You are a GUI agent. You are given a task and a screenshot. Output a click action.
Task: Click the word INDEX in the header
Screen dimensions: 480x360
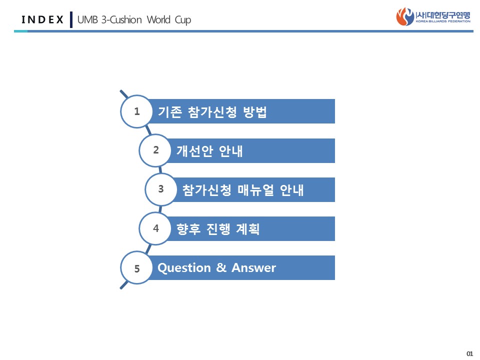42,19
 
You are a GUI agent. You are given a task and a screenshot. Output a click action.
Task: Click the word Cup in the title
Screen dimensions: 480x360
183,20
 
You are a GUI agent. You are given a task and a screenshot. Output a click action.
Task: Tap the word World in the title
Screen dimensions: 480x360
158,19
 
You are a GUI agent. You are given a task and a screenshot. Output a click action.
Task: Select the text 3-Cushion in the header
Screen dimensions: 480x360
121,19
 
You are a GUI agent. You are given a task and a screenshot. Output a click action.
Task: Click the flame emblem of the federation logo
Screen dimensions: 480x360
405,16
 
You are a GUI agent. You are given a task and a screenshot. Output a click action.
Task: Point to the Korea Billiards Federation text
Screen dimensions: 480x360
443,21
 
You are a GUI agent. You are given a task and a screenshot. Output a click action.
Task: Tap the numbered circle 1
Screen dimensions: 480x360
136,111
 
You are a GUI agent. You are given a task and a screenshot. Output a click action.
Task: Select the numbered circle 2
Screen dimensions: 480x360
155,150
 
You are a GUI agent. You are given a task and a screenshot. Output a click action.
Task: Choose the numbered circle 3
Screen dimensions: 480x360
161,189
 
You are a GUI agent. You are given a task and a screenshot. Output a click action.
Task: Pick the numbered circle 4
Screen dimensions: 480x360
155,228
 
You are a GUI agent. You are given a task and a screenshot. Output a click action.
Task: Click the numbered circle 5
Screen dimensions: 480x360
136,268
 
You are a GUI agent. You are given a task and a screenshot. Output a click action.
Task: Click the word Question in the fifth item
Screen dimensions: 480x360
184,268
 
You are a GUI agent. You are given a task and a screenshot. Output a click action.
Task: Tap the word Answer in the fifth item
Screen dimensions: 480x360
254,267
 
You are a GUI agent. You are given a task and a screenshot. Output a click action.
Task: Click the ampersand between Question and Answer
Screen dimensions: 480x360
221,267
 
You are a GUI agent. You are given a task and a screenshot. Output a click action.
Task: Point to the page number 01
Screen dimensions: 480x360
469,354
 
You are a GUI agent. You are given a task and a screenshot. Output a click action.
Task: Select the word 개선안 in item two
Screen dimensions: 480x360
194,151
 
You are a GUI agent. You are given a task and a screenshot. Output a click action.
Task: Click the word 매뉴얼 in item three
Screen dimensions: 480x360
255,190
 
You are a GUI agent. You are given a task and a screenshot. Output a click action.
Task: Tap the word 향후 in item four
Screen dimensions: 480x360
188,229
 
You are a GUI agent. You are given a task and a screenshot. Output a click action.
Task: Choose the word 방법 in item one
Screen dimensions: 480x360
255,111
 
